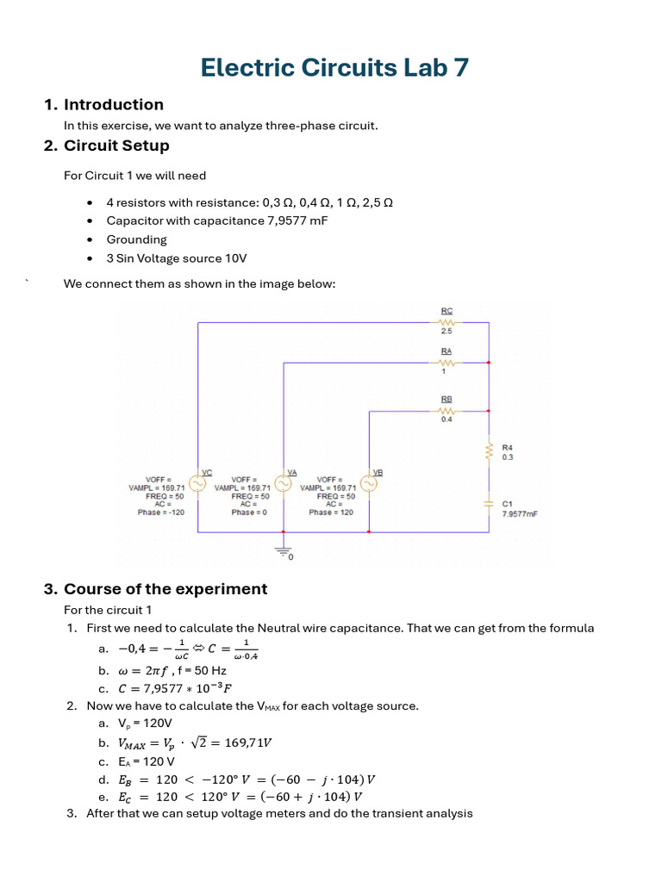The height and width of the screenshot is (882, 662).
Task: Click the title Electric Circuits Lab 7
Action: pyautogui.click(x=334, y=67)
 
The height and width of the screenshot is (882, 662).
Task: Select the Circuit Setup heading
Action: pyautogui.click(x=116, y=146)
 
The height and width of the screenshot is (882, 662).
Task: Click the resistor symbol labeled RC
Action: pyautogui.click(x=447, y=322)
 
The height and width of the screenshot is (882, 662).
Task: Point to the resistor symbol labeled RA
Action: pyautogui.click(x=447, y=363)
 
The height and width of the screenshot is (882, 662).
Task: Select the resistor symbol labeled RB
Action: pyautogui.click(x=447, y=411)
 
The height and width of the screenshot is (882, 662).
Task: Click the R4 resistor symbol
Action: pyautogui.click(x=489, y=452)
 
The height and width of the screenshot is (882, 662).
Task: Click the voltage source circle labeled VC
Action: pyautogui.click(x=197, y=485)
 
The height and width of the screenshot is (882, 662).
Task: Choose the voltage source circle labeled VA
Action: pyautogui.click(x=284, y=485)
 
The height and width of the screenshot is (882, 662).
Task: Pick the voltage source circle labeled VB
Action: pyautogui.click(x=369, y=485)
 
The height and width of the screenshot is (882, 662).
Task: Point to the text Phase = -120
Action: pyautogui.click(x=160, y=512)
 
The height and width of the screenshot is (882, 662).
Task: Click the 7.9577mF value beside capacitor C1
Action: pyautogui.click(x=520, y=513)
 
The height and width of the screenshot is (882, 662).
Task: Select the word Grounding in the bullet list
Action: pyautogui.click(x=136, y=239)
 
